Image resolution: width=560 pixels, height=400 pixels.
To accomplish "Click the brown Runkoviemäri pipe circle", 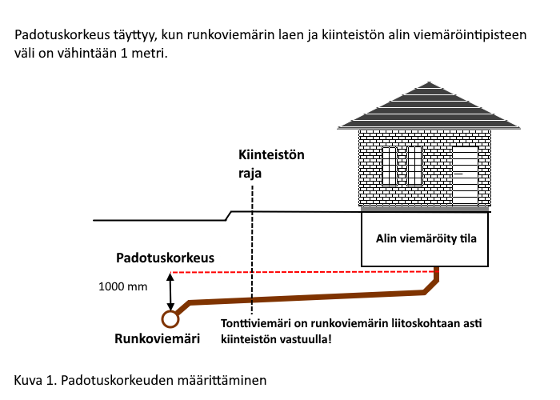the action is click(170, 319).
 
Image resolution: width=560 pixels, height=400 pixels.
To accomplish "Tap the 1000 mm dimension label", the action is click(123, 286).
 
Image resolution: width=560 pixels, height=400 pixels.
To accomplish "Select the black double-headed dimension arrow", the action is click(170, 292).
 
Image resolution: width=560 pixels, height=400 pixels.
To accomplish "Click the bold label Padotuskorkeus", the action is click(165, 258).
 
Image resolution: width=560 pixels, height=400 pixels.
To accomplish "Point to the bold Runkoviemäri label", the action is click(157, 338).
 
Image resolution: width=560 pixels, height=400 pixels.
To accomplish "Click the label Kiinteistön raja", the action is click(271, 164).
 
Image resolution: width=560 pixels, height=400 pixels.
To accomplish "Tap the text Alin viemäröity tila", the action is click(426, 238).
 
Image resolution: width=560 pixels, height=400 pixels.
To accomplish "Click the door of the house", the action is click(466, 176).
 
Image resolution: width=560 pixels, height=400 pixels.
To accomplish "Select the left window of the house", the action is click(390, 166).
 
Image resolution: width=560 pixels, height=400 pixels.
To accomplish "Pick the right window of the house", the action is click(414, 166).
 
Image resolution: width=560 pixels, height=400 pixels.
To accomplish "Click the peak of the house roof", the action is click(429, 82).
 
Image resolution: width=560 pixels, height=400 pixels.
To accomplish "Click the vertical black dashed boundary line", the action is click(252, 250).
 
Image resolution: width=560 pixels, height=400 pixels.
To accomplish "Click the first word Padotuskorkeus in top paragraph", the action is click(62, 35).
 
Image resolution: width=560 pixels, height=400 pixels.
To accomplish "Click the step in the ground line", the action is click(228, 216).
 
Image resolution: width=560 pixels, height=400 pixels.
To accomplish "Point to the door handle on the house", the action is click(458, 174).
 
